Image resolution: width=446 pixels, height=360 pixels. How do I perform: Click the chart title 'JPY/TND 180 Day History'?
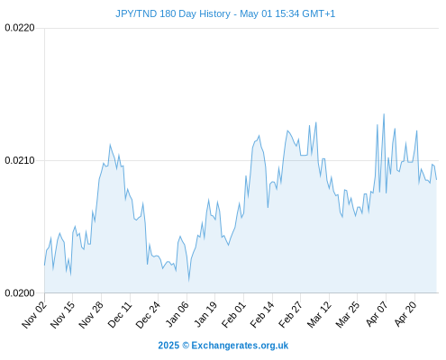point(173,13)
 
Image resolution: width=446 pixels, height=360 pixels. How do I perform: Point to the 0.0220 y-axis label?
point(20,28)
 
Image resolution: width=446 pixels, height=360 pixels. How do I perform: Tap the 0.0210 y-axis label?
point(20,160)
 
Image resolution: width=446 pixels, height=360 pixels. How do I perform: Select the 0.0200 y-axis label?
point(20,292)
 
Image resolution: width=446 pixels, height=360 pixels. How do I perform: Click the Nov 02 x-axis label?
point(34,314)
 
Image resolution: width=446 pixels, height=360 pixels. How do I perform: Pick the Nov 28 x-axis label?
point(91,314)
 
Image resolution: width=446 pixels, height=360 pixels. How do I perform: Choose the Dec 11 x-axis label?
point(120,314)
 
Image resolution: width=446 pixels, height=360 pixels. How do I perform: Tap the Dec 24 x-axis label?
point(148,314)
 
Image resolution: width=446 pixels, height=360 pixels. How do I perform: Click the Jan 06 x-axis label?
point(177,314)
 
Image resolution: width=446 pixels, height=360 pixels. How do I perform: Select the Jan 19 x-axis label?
point(205,314)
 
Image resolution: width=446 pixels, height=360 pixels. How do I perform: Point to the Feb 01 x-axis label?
point(233,314)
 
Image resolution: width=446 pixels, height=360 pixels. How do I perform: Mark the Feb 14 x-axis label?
point(262,314)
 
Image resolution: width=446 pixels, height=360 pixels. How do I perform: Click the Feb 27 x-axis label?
point(290,314)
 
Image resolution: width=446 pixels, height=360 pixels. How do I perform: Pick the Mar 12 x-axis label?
point(319,314)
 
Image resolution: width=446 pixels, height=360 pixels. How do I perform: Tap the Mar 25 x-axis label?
point(348,314)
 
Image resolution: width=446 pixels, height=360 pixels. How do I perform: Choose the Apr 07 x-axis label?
point(377,314)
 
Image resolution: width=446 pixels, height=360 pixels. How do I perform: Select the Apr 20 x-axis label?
point(405,314)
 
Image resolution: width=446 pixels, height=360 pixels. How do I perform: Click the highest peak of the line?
point(384,114)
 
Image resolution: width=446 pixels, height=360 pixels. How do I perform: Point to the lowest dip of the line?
point(189,281)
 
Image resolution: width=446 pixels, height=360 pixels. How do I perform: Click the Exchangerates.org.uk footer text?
point(240,346)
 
